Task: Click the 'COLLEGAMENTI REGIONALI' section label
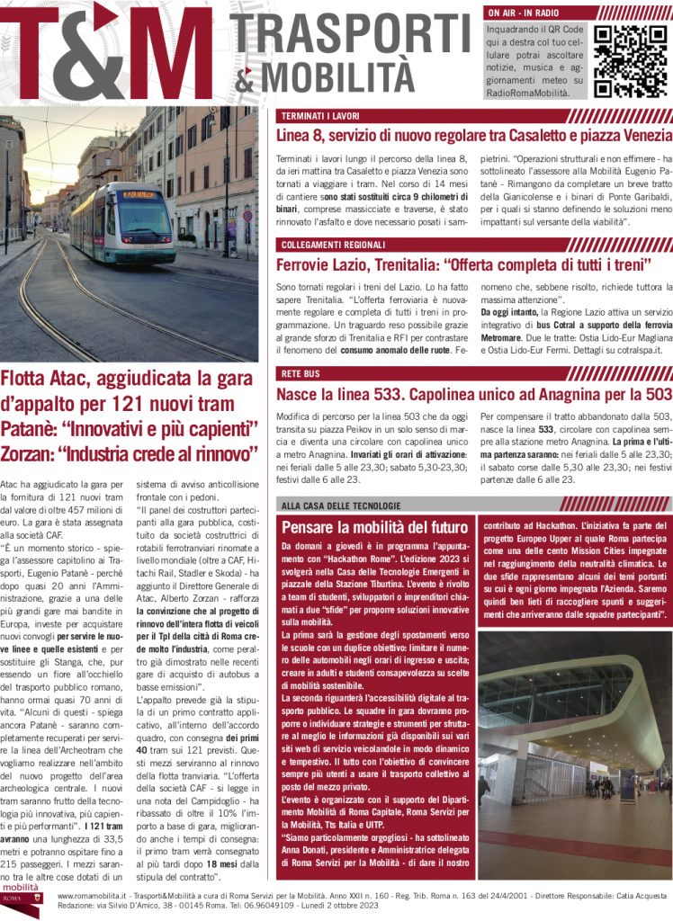click(x=333, y=245)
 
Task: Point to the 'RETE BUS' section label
click(x=301, y=372)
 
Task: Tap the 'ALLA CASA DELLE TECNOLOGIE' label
click(x=341, y=505)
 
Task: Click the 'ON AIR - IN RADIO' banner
click(x=523, y=13)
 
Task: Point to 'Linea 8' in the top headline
click(x=302, y=136)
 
